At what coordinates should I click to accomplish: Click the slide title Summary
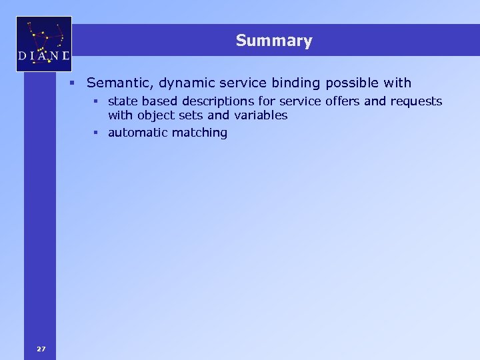pyautogui.click(x=273, y=41)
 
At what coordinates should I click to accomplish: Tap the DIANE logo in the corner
pyautogui.click(x=44, y=44)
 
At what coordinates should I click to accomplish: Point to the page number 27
pyautogui.click(x=41, y=349)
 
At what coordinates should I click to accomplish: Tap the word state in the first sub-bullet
pyautogui.click(x=121, y=101)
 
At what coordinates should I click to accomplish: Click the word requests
pyautogui.click(x=416, y=101)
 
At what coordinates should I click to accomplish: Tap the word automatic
pyautogui.click(x=137, y=133)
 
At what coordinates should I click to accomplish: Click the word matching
pyautogui.click(x=199, y=133)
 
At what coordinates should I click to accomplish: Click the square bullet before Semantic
pyautogui.click(x=77, y=84)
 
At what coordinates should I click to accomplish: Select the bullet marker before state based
pyautogui.click(x=97, y=102)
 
